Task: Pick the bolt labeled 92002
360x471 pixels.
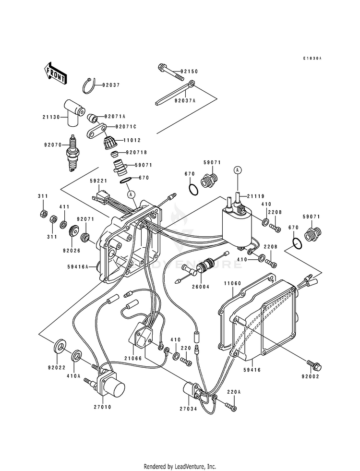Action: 316,367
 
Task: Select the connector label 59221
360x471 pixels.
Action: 98,181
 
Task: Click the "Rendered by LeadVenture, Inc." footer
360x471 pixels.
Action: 180,466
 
